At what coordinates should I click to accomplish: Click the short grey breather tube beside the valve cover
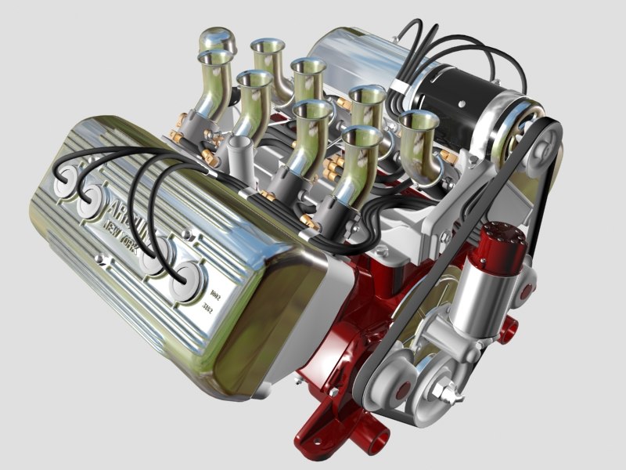[238, 149]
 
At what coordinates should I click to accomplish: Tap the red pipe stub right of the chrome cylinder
[513, 325]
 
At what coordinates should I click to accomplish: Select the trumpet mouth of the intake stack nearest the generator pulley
[418, 121]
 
